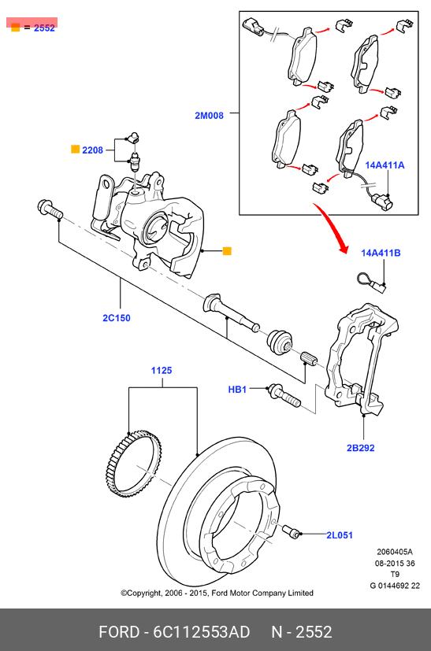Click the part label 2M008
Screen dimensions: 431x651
tap(209, 116)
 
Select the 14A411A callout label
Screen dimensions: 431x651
tap(385, 165)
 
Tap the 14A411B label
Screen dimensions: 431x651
tap(381, 253)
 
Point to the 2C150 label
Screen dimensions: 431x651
tap(117, 318)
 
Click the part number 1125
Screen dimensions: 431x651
tap(162, 370)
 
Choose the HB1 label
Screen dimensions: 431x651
tap(237, 390)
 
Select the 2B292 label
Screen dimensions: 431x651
tap(360, 448)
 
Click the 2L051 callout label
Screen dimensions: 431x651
tap(340, 535)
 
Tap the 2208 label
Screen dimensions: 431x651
tap(92, 150)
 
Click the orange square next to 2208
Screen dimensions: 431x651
tap(75, 149)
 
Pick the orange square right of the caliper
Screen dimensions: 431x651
tap(227, 251)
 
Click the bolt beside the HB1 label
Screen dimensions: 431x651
tap(284, 396)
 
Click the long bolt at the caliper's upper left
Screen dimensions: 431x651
tap(50, 209)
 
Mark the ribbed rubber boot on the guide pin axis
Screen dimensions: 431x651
tap(279, 342)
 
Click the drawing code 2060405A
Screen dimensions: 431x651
tap(395, 552)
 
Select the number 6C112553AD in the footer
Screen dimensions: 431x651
tap(202, 632)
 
